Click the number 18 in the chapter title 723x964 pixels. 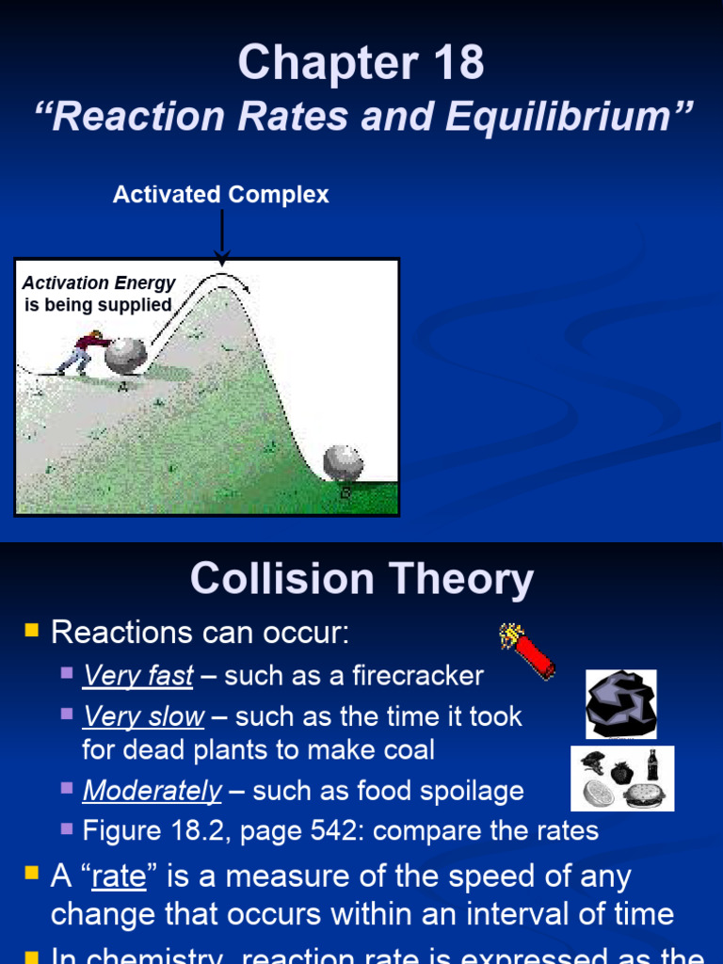pos(454,63)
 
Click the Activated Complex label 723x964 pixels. pos(220,195)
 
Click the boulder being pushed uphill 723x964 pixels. pos(125,357)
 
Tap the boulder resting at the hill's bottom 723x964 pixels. pos(343,463)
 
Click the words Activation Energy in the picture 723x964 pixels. pos(99,283)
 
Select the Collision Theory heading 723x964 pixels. pos(361,579)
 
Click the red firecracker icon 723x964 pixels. pos(528,650)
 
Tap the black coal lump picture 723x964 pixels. pos(620,704)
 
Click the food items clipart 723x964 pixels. pos(622,779)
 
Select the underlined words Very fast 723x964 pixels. pos(138,676)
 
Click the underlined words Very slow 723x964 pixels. pos(143,717)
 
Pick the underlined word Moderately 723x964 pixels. pos(152,791)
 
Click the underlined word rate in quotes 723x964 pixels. pos(119,877)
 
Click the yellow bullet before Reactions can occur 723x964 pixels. pos(31,631)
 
